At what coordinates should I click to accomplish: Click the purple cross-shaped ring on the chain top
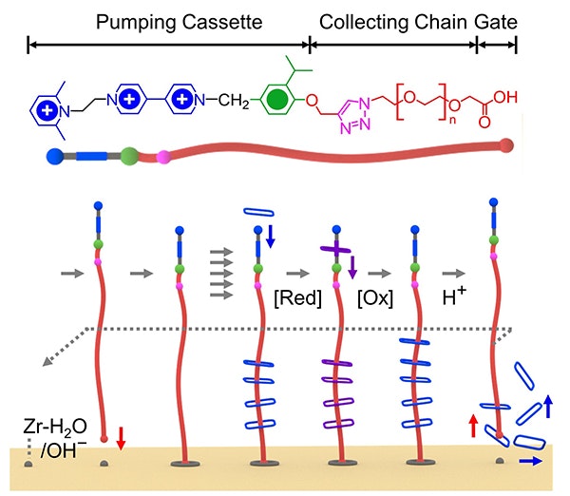point(338,227)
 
